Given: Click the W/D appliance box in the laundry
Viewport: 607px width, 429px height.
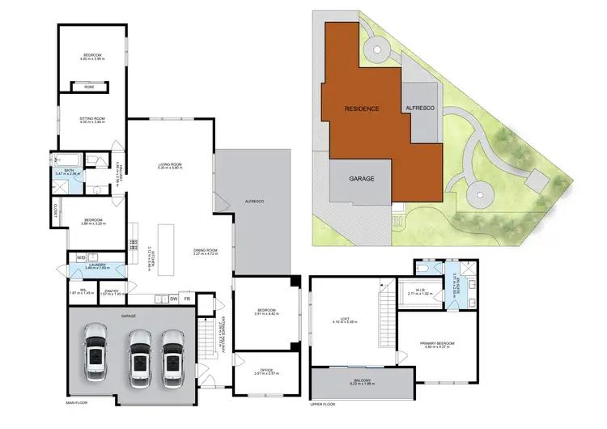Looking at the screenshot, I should coord(81,258).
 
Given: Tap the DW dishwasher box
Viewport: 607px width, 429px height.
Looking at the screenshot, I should coord(174,298).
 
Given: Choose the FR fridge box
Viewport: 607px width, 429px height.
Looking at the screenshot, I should coord(187,298).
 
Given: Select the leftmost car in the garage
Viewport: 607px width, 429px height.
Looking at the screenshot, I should coord(94,351).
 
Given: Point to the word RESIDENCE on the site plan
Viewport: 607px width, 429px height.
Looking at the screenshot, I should coord(362,108).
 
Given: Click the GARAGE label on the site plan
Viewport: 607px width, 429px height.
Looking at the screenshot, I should coord(361,178).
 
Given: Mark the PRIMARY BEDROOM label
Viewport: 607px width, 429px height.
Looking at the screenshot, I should coord(437,344).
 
